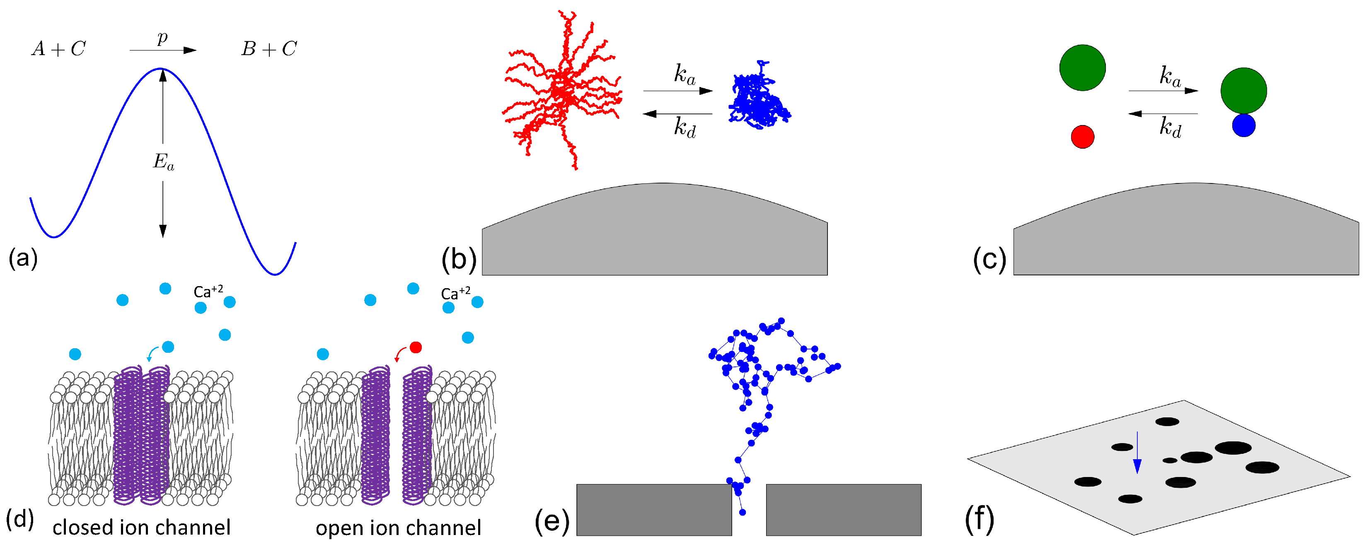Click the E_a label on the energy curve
pos(163,162)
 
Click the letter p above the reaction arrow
pos(162,38)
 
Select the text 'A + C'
pos(58,49)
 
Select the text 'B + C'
pos(269,49)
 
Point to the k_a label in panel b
pos(684,75)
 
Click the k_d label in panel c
pos(1170,128)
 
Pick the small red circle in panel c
pos(1083,137)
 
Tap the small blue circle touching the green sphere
pos(1243,126)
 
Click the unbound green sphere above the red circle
pos(1083,68)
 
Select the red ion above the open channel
pos(416,347)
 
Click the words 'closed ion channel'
pos(141,528)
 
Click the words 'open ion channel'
pos(398,528)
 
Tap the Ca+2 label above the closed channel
pos(208,292)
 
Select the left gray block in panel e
pos(654,510)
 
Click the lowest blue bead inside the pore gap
pos(743,513)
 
